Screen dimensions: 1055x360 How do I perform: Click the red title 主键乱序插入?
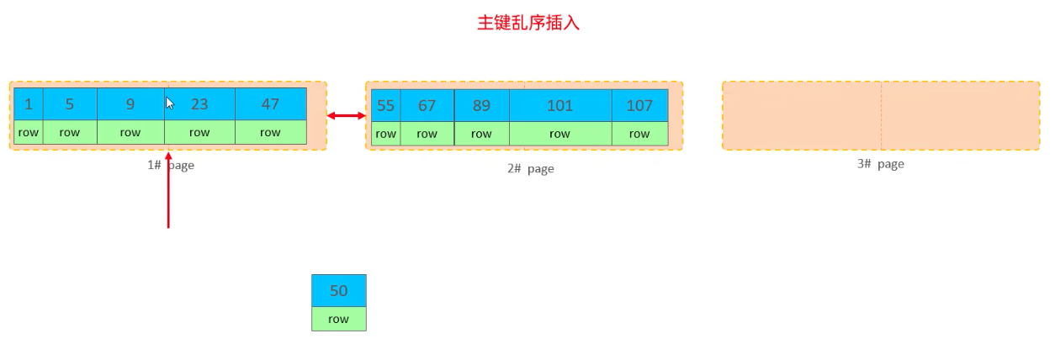coord(528,23)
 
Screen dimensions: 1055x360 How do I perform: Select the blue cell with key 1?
coord(29,104)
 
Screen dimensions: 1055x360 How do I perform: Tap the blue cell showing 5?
coord(70,104)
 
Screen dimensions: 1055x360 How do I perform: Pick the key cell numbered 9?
coord(130,104)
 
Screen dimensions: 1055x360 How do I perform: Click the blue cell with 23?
coord(199,104)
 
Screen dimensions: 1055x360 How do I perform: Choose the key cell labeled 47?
coord(271,104)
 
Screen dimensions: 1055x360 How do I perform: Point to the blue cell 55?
coord(385,105)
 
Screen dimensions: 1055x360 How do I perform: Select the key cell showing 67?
coord(427,105)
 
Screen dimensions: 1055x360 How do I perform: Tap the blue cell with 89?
coord(482,105)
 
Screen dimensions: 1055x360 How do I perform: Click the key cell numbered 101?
coord(560,105)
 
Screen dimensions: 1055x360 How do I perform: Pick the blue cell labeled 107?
coord(640,105)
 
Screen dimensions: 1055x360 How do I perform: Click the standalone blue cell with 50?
coord(339,291)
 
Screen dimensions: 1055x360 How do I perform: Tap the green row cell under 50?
coord(339,319)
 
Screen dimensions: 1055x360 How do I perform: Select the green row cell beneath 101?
coord(560,134)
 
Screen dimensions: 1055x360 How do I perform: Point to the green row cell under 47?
coord(271,132)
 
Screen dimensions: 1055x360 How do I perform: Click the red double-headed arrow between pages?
coord(346,115)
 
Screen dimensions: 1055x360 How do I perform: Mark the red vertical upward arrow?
coord(168,190)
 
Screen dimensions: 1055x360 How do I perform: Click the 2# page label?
coord(530,169)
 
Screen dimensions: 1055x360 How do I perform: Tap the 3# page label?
coord(880,164)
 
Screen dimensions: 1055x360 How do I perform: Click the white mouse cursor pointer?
coord(170,103)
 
